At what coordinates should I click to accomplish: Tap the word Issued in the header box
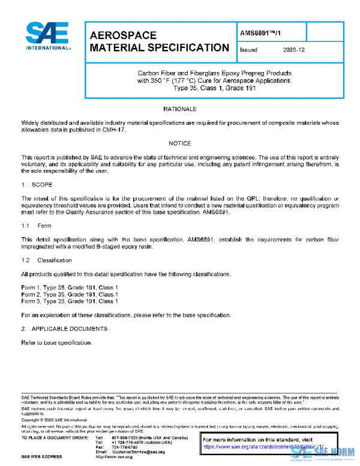pos(248,50)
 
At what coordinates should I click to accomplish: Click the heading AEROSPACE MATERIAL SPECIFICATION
pos(159,41)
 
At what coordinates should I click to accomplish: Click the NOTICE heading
pos(179,144)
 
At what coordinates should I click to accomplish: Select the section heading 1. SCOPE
pos(37,186)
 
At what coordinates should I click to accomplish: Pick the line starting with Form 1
pos(70,288)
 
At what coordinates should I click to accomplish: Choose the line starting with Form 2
pos(70,295)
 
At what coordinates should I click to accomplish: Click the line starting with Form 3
pos(70,302)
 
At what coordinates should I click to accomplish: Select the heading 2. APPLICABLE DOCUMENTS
pos(64,329)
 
